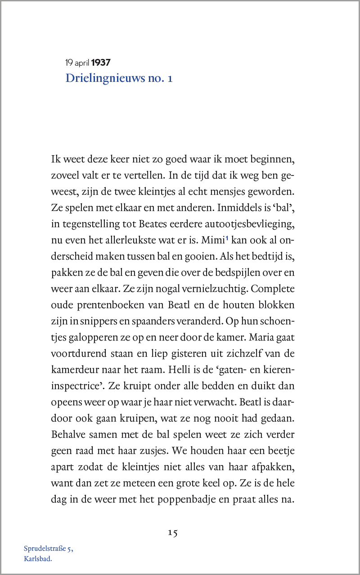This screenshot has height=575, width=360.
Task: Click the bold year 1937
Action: [x=101, y=63]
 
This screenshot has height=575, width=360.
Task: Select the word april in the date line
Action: [x=82, y=63]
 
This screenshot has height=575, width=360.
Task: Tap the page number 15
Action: [x=173, y=533]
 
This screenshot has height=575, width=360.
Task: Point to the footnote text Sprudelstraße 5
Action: [x=48, y=548]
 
